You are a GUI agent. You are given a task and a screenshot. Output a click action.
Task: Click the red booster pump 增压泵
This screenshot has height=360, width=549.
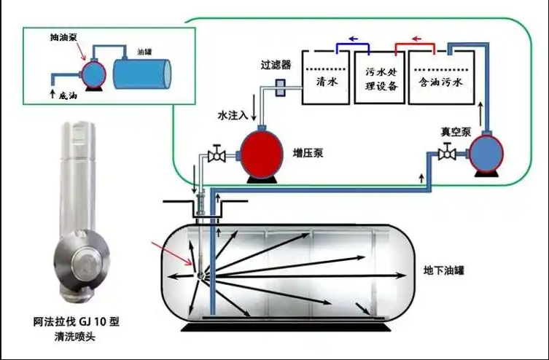pyautogui.click(x=261, y=154)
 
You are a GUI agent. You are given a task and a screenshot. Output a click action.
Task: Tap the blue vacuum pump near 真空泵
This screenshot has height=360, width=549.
pyautogui.click(x=486, y=153)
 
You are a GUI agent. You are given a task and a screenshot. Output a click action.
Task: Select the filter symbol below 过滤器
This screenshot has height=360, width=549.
pyautogui.click(x=280, y=87)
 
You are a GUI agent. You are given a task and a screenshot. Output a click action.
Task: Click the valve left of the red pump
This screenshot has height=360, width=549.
pyautogui.click(x=217, y=153)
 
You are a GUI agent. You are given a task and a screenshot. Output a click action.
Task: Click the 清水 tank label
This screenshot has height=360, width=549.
pyautogui.click(x=327, y=82)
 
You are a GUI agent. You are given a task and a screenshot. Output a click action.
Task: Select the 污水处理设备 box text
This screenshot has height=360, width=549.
pyautogui.click(x=381, y=79)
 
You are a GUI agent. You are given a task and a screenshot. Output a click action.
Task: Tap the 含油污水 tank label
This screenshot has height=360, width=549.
pyautogui.click(x=440, y=82)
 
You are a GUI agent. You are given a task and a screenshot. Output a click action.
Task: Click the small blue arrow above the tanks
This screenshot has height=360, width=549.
pyautogui.click(x=353, y=39)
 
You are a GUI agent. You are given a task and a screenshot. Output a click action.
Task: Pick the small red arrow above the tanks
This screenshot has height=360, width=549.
pyautogui.click(x=416, y=39)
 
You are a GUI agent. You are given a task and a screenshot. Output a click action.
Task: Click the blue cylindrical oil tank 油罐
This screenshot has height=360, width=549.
pyautogui.click(x=141, y=74)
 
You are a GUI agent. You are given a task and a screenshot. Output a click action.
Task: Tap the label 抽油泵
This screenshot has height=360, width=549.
pyautogui.click(x=63, y=37)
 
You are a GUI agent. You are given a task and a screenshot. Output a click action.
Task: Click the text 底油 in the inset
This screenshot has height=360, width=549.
pyautogui.click(x=68, y=95)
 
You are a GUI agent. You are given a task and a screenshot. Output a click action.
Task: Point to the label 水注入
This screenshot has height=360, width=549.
pyautogui.click(x=233, y=115)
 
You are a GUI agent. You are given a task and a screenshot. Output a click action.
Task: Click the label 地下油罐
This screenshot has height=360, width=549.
pyautogui.click(x=443, y=270)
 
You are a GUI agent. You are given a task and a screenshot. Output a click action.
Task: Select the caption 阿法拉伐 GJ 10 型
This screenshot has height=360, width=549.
pyautogui.click(x=77, y=321)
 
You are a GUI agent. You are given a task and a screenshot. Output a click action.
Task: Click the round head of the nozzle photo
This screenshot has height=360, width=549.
pyautogui.click(x=82, y=260)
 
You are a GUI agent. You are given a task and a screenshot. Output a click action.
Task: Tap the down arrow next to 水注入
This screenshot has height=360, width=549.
pyautogui.click(x=254, y=107)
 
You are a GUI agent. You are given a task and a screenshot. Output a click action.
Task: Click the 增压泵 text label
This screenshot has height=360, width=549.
pyautogui.click(x=308, y=154)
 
